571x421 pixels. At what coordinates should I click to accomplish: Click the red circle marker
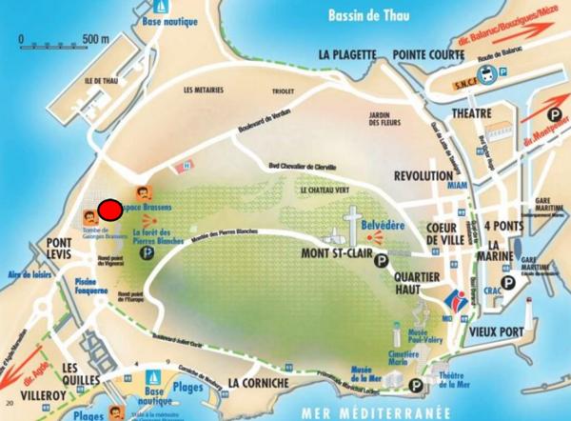pos(110,210)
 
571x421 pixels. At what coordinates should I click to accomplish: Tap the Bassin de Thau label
pos(366,14)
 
